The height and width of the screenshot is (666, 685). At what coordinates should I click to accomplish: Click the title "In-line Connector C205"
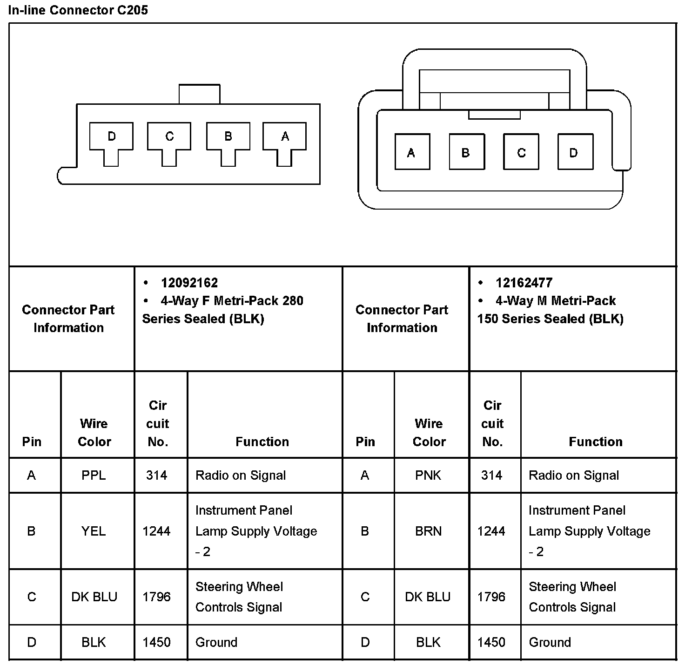[x=78, y=10]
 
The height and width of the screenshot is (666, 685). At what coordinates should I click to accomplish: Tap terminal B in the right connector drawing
[x=466, y=152]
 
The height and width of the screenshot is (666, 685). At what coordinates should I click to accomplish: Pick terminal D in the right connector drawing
[x=575, y=152]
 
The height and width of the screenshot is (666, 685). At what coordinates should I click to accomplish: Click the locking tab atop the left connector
[x=199, y=94]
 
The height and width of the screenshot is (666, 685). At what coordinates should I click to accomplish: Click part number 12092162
[x=189, y=283]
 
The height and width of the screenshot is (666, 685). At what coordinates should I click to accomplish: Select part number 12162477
[x=524, y=283]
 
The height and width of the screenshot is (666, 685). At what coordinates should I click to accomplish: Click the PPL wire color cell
[x=94, y=475]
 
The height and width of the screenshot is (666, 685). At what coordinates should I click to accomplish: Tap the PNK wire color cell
[x=428, y=475]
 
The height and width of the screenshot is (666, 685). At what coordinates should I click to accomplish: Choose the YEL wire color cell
[x=94, y=531]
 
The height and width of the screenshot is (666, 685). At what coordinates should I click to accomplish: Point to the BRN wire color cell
[x=428, y=531]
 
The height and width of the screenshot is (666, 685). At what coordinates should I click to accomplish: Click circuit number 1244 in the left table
[x=156, y=531]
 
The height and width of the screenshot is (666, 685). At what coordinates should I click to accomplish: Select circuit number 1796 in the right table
[x=491, y=597]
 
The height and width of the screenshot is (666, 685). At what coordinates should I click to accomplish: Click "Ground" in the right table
[x=550, y=642]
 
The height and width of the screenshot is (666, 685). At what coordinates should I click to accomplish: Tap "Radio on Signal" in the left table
[x=241, y=475]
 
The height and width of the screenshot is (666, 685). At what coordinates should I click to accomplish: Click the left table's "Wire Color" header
[x=94, y=432]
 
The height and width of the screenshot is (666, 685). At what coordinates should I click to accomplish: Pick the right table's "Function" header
[x=596, y=442]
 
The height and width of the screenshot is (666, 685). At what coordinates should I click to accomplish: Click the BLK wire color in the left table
[x=94, y=642]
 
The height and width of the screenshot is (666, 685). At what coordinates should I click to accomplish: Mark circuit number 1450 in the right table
[x=491, y=642]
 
